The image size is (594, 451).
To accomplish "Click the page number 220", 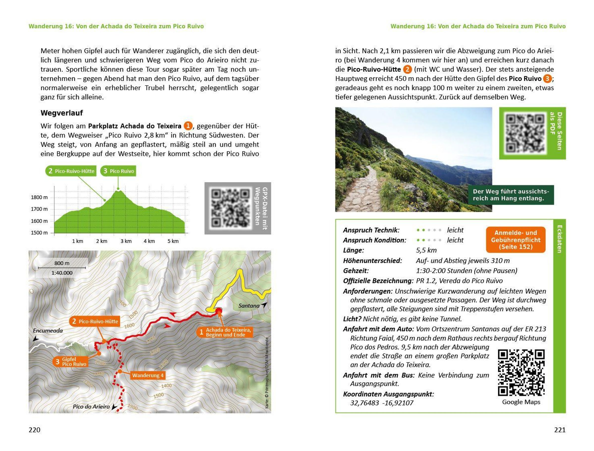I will (x=34, y=430).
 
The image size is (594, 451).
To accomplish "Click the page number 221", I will (x=560, y=430).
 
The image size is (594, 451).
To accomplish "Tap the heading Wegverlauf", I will (x=62, y=113).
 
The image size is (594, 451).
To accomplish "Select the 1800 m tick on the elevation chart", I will (x=39, y=197).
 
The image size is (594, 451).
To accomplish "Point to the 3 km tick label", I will (x=126, y=241).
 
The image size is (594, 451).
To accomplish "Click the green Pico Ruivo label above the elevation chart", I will (x=118, y=171).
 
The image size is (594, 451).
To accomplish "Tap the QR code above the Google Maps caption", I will (x=521, y=373).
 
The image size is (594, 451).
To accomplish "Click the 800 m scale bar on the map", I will (x=62, y=268).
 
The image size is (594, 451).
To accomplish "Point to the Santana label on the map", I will (x=249, y=306).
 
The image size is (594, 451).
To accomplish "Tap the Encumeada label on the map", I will (x=48, y=331).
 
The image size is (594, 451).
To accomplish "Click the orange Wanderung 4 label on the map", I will (x=148, y=375).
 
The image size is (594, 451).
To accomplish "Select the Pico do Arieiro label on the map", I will (x=91, y=406).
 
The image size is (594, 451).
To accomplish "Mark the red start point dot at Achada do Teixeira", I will (x=219, y=311).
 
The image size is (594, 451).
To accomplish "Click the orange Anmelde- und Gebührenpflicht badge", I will (x=516, y=240).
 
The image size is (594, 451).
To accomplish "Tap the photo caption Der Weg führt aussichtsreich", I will (x=511, y=195).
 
